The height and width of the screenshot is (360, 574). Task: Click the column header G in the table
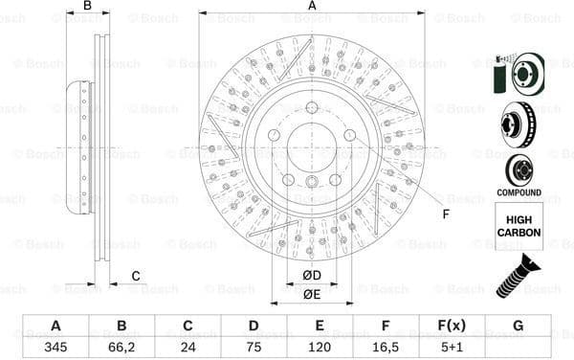click(518, 326)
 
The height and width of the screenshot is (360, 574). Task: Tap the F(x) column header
click(452, 326)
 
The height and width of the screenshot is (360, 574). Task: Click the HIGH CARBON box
click(519, 226)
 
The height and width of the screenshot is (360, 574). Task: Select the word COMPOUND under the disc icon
click(519, 192)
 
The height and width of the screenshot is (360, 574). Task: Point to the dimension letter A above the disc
click(312, 7)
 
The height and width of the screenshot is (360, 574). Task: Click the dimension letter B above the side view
click(87, 7)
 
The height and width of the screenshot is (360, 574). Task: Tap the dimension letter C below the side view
click(136, 277)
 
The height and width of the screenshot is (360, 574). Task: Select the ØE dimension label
click(312, 295)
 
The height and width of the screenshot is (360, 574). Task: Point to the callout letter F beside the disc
click(446, 213)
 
